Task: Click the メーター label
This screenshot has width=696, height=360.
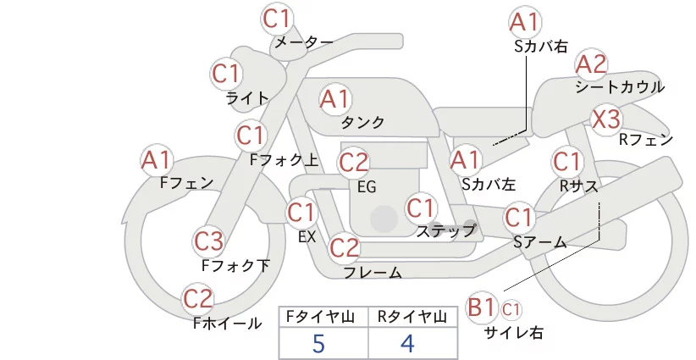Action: coord(304,42)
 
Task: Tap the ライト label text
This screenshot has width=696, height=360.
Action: coord(247,98)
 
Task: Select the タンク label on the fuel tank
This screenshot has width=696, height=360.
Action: coord(362,122)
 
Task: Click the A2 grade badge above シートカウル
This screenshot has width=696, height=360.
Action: coord(591,65)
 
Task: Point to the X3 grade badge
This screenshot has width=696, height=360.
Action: coord(606,119)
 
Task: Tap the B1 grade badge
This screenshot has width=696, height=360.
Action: coord(481,307)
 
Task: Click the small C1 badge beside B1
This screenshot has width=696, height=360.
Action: coord(511,309)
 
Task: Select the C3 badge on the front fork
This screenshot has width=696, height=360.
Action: coord(208,241)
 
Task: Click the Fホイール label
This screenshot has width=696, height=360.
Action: coord(227,324)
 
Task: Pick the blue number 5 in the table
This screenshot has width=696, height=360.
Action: coord(318,344)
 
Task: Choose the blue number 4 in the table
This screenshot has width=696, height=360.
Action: coord(407,344)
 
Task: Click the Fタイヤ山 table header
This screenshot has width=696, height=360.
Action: coord(320,318)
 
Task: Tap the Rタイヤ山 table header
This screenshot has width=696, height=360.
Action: coord(412,318)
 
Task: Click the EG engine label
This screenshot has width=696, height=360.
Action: coord(367,187)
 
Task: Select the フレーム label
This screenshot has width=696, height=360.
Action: coord(373,272)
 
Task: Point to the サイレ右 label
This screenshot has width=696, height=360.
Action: coord(514,333)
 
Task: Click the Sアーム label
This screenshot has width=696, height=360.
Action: coord(540,242)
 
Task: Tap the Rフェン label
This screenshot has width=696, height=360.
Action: coord(646,141)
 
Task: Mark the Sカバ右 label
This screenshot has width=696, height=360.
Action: coord(541,47)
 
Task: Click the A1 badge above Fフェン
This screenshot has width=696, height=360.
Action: coord(156,161)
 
